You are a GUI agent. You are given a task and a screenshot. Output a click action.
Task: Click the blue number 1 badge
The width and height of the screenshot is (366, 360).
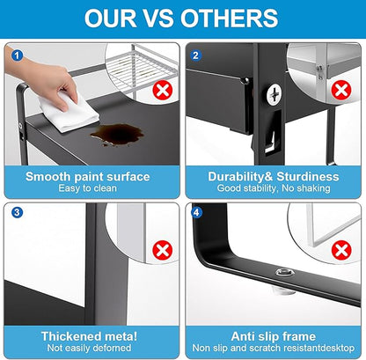17,55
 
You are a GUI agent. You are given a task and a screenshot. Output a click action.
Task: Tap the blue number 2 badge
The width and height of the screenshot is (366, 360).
196,55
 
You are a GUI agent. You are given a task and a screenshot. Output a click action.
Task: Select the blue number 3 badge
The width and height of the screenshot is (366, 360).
17,212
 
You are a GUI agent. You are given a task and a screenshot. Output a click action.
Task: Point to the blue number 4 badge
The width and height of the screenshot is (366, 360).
196,212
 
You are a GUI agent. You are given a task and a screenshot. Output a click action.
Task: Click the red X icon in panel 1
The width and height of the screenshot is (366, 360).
163,91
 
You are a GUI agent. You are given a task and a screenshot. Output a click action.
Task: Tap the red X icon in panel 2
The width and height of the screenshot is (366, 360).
341,91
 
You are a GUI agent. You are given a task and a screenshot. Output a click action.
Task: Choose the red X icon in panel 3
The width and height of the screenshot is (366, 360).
163,250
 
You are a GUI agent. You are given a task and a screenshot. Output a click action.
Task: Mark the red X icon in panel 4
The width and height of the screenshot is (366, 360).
341,250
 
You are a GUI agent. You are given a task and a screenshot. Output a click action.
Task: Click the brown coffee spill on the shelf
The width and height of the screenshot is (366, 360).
117,135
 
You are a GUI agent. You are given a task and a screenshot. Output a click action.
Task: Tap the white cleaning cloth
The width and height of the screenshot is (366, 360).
69,113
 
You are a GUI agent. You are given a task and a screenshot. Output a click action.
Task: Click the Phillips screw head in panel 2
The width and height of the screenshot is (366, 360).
274,94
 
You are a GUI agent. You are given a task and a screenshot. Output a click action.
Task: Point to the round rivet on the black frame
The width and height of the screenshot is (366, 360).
285,272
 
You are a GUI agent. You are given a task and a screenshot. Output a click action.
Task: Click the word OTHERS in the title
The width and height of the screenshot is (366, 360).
229,18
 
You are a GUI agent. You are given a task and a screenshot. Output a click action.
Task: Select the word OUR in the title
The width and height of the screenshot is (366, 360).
111,18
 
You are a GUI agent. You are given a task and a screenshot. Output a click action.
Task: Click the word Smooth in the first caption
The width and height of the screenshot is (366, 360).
48,177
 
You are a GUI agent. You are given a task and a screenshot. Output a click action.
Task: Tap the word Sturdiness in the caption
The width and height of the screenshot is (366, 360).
308,177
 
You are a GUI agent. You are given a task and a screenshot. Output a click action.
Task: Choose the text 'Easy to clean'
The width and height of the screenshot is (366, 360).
87,188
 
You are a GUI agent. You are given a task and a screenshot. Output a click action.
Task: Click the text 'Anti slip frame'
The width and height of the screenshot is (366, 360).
274,336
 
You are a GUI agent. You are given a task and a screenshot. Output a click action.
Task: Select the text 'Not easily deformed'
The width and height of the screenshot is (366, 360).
89,348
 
